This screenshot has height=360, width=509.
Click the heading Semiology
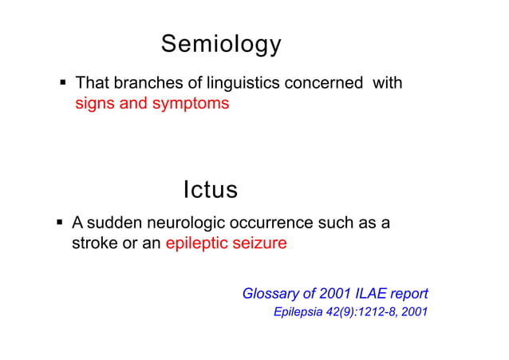[221, 45]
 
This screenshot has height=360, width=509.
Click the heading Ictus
[211, 190]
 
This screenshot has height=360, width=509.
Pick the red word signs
[95, 104]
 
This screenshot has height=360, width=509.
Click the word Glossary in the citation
[269, 294]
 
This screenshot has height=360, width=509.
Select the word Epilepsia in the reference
[298, 311]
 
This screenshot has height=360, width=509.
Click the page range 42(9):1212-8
[363, 311]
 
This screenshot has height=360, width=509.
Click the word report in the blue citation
[409, 294]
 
